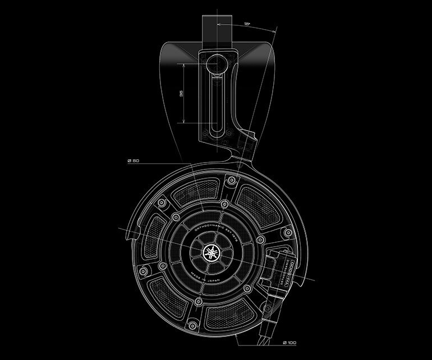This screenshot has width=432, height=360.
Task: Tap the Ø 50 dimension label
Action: click(134, 162)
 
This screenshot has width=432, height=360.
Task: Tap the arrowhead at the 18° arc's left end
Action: click(217, 25)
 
